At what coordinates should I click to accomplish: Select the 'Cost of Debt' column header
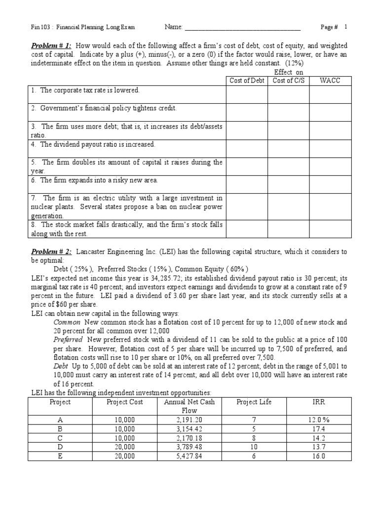(247, 81)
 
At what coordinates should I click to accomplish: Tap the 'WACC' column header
(330, 81)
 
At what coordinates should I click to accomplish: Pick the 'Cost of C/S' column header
(288, 81)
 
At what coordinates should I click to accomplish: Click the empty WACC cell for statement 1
(330, 94)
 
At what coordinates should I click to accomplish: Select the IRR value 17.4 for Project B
(314, 429)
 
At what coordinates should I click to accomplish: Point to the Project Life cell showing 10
(254, 447)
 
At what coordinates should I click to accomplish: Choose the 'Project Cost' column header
(125, 402)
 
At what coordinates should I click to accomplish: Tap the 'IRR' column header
(314, 402)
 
